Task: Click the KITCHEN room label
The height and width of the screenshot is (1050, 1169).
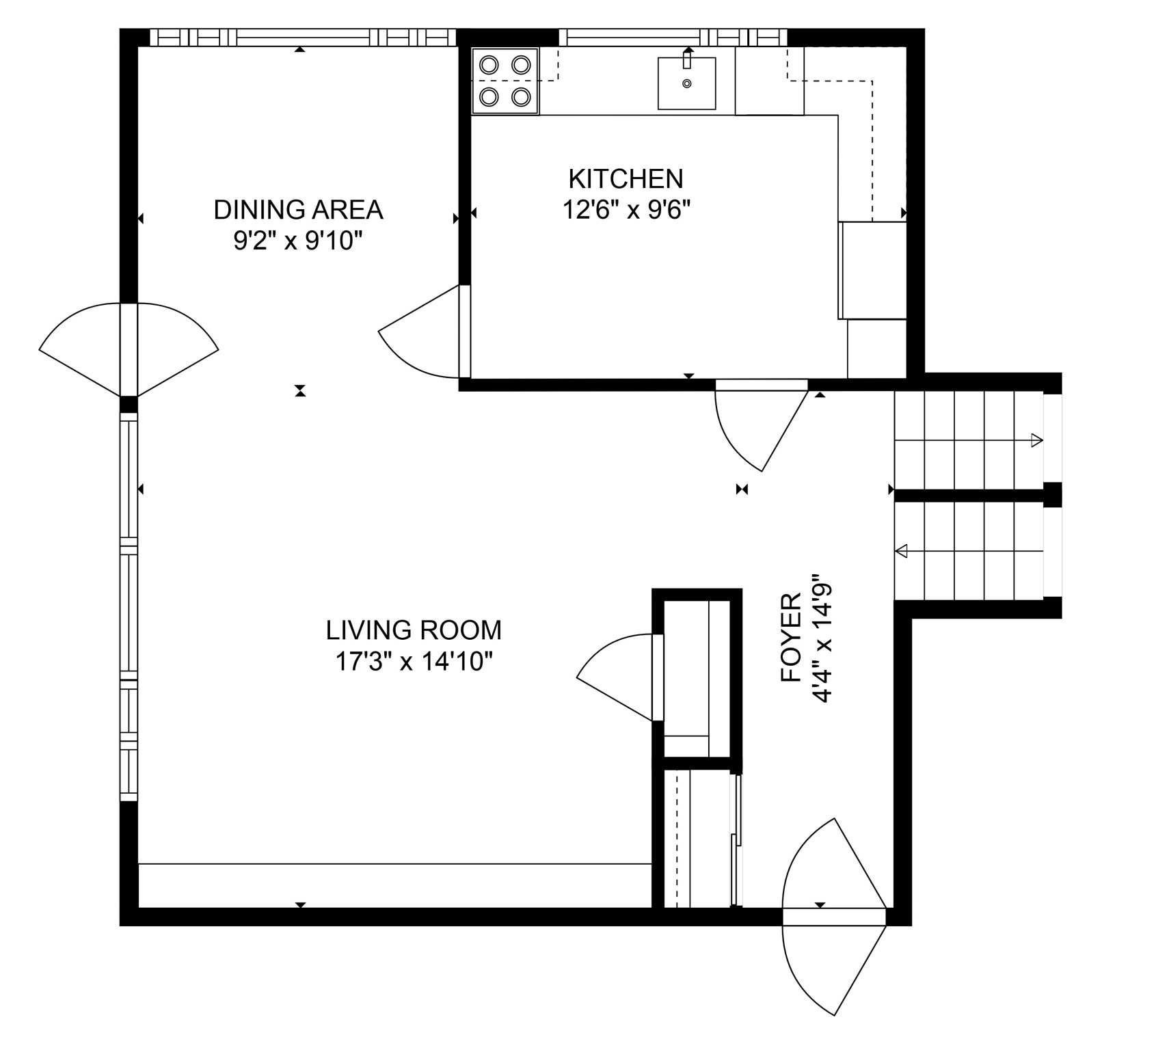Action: coord(625,179)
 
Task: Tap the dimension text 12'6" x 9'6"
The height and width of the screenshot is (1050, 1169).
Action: coord(625,211)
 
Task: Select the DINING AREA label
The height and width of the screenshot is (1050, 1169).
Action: coord(298,210)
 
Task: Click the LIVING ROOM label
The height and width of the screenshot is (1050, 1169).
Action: coord(414,630)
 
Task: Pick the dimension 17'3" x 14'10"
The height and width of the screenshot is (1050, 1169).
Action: coord(414,662)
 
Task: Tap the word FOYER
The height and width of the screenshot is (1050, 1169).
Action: coord(791,637)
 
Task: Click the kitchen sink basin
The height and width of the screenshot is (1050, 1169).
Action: coord(686,84)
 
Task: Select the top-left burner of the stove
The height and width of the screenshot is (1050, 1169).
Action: coord(488,65)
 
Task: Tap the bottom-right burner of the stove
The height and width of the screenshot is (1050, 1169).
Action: coord(521,97)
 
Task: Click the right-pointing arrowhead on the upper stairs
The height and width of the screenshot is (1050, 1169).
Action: coord(1037,440)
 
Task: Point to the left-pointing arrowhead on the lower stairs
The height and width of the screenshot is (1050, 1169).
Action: coord(902,550)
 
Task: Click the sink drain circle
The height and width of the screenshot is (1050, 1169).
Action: coord(687,84)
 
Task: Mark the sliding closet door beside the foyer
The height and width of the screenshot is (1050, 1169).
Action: coord(736,841)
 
